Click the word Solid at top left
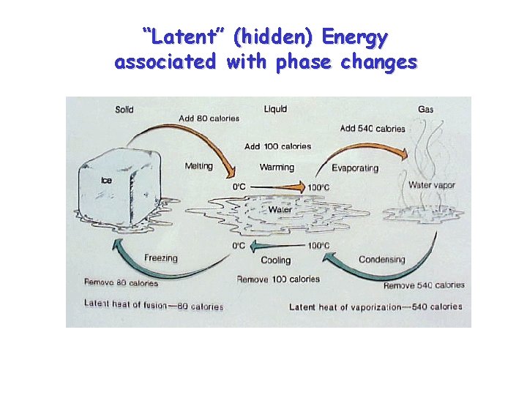[x=124, y=110]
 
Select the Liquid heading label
[x=275, y=110]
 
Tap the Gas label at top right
[x=425, y=110]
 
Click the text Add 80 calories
[x=209, y=118]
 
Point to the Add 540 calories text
[x=372, y=129]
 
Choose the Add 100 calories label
[x=277, y=146]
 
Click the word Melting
[x=198, y=166]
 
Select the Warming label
[x=277, y=168]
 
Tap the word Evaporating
[x=355, y=168]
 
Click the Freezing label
[x=161, y=258]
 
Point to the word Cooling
[x=276, y=260]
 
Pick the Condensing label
[x=381, y=260]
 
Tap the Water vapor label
[x=431, y=185]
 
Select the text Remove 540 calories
[x=424, y=285]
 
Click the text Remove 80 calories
[x=121, y=283]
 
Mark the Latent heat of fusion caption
[x=154, y=305]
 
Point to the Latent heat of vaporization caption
[x=375, y=307]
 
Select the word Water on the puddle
[x=280, y=210]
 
